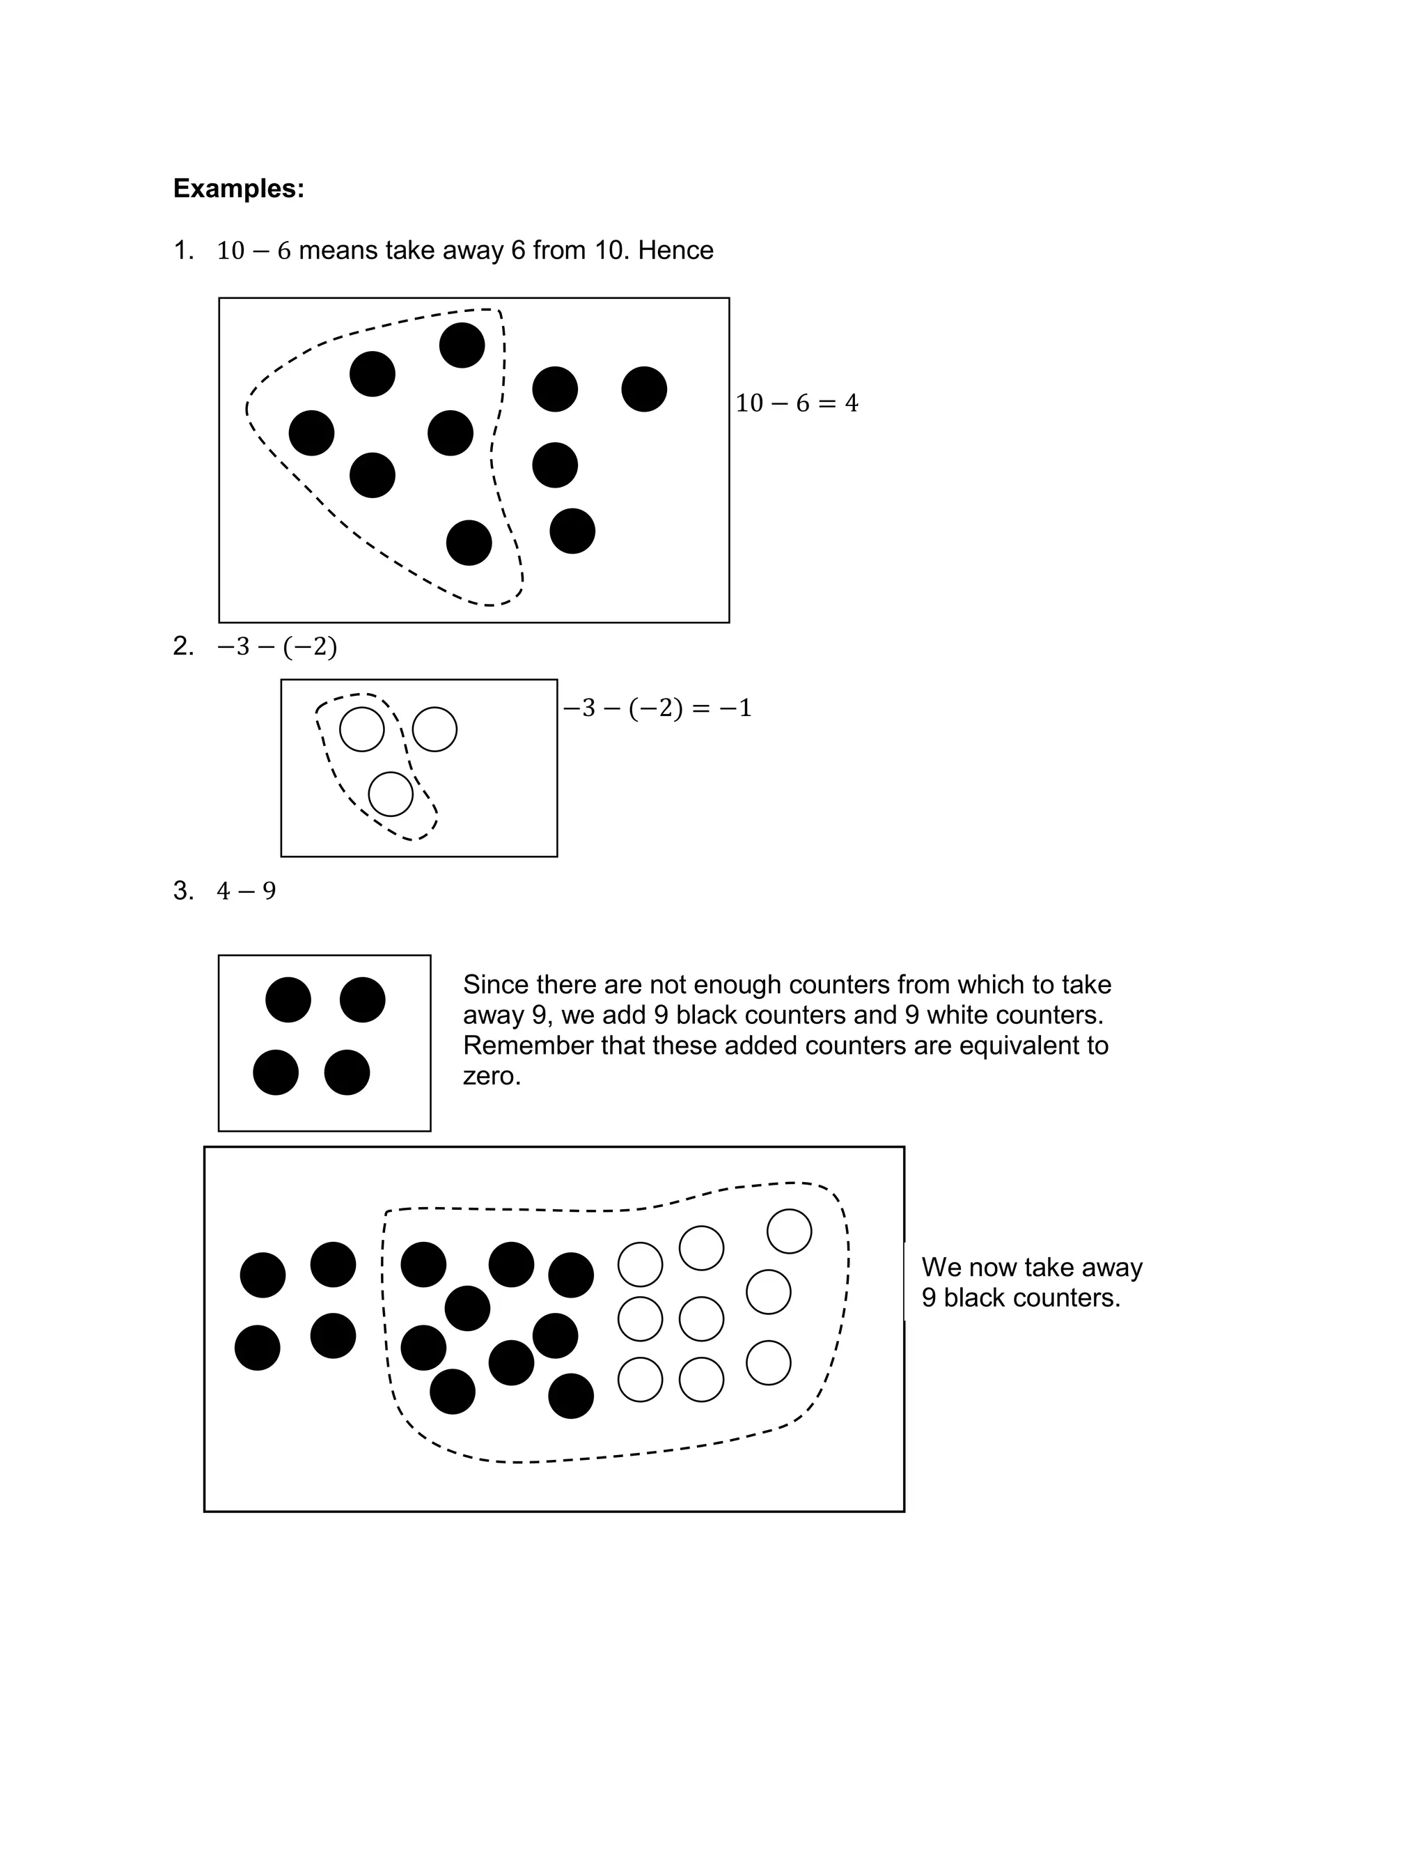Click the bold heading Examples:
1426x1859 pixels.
point(239,189)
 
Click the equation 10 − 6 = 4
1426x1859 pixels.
point(796,403)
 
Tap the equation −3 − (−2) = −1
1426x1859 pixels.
point(657,708)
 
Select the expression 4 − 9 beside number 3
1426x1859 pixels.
point(246,892)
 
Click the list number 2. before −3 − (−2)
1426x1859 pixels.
point(183,647)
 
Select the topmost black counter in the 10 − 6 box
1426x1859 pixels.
point(462,345)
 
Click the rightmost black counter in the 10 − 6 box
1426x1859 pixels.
point(644,389)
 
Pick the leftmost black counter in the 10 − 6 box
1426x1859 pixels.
point(311,433)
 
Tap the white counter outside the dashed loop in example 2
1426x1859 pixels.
point(434,729)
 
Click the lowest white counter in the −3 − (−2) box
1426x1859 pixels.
point(391,794)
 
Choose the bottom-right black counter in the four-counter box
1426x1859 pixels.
point(347,1072)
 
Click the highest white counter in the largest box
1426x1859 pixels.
point(790,1231)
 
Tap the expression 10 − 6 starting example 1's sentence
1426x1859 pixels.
point(253,251)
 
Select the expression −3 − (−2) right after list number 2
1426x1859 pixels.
point(276,648)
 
